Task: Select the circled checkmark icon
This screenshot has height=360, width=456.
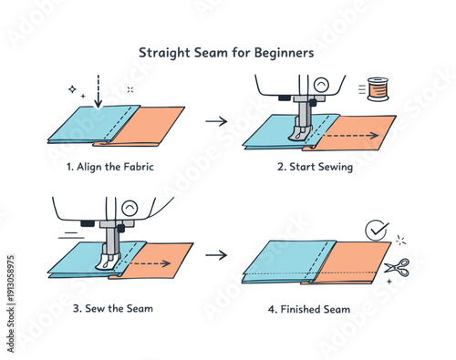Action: pyautogui.click(x=375, y=231)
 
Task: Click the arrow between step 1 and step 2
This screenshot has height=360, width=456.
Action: pyautogui.click(x=216, y=120)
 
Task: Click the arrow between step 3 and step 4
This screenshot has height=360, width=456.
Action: pyautogui.click(x=216, y=254)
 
